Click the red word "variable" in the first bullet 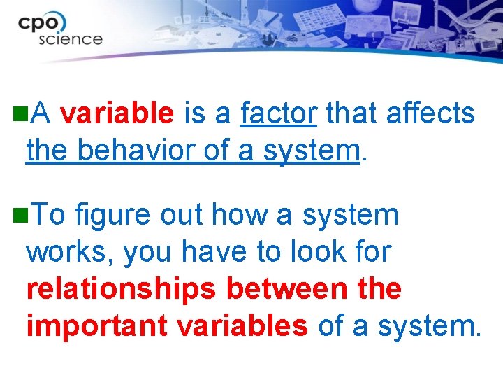[x=117, y=113]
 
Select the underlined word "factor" [x=279, y=113]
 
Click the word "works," [x=70, y=253]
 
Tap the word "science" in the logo [x=70, y=38]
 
